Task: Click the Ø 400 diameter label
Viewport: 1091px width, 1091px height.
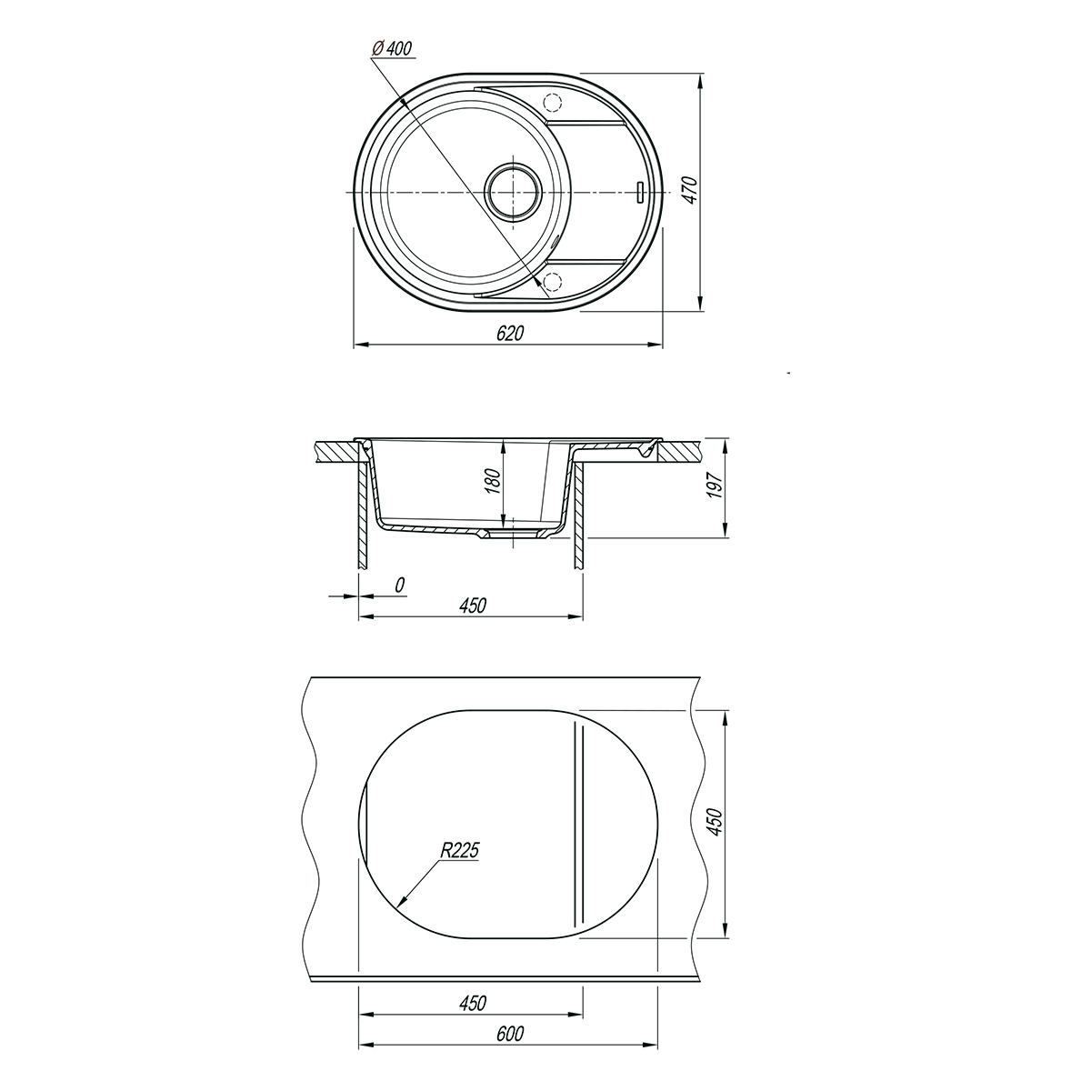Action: coord(391,49)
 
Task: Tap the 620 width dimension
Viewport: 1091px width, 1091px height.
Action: coord(510,334)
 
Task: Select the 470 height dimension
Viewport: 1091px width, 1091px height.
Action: coord(689,190)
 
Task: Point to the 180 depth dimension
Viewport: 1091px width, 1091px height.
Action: coord(494,481)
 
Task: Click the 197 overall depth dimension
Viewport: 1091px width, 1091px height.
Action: coord(716,485)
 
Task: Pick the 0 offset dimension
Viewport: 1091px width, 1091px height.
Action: coord(400,585)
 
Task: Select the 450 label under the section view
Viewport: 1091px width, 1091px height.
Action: coord(472,606)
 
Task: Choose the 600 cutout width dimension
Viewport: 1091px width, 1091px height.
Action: coord(510,1033)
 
